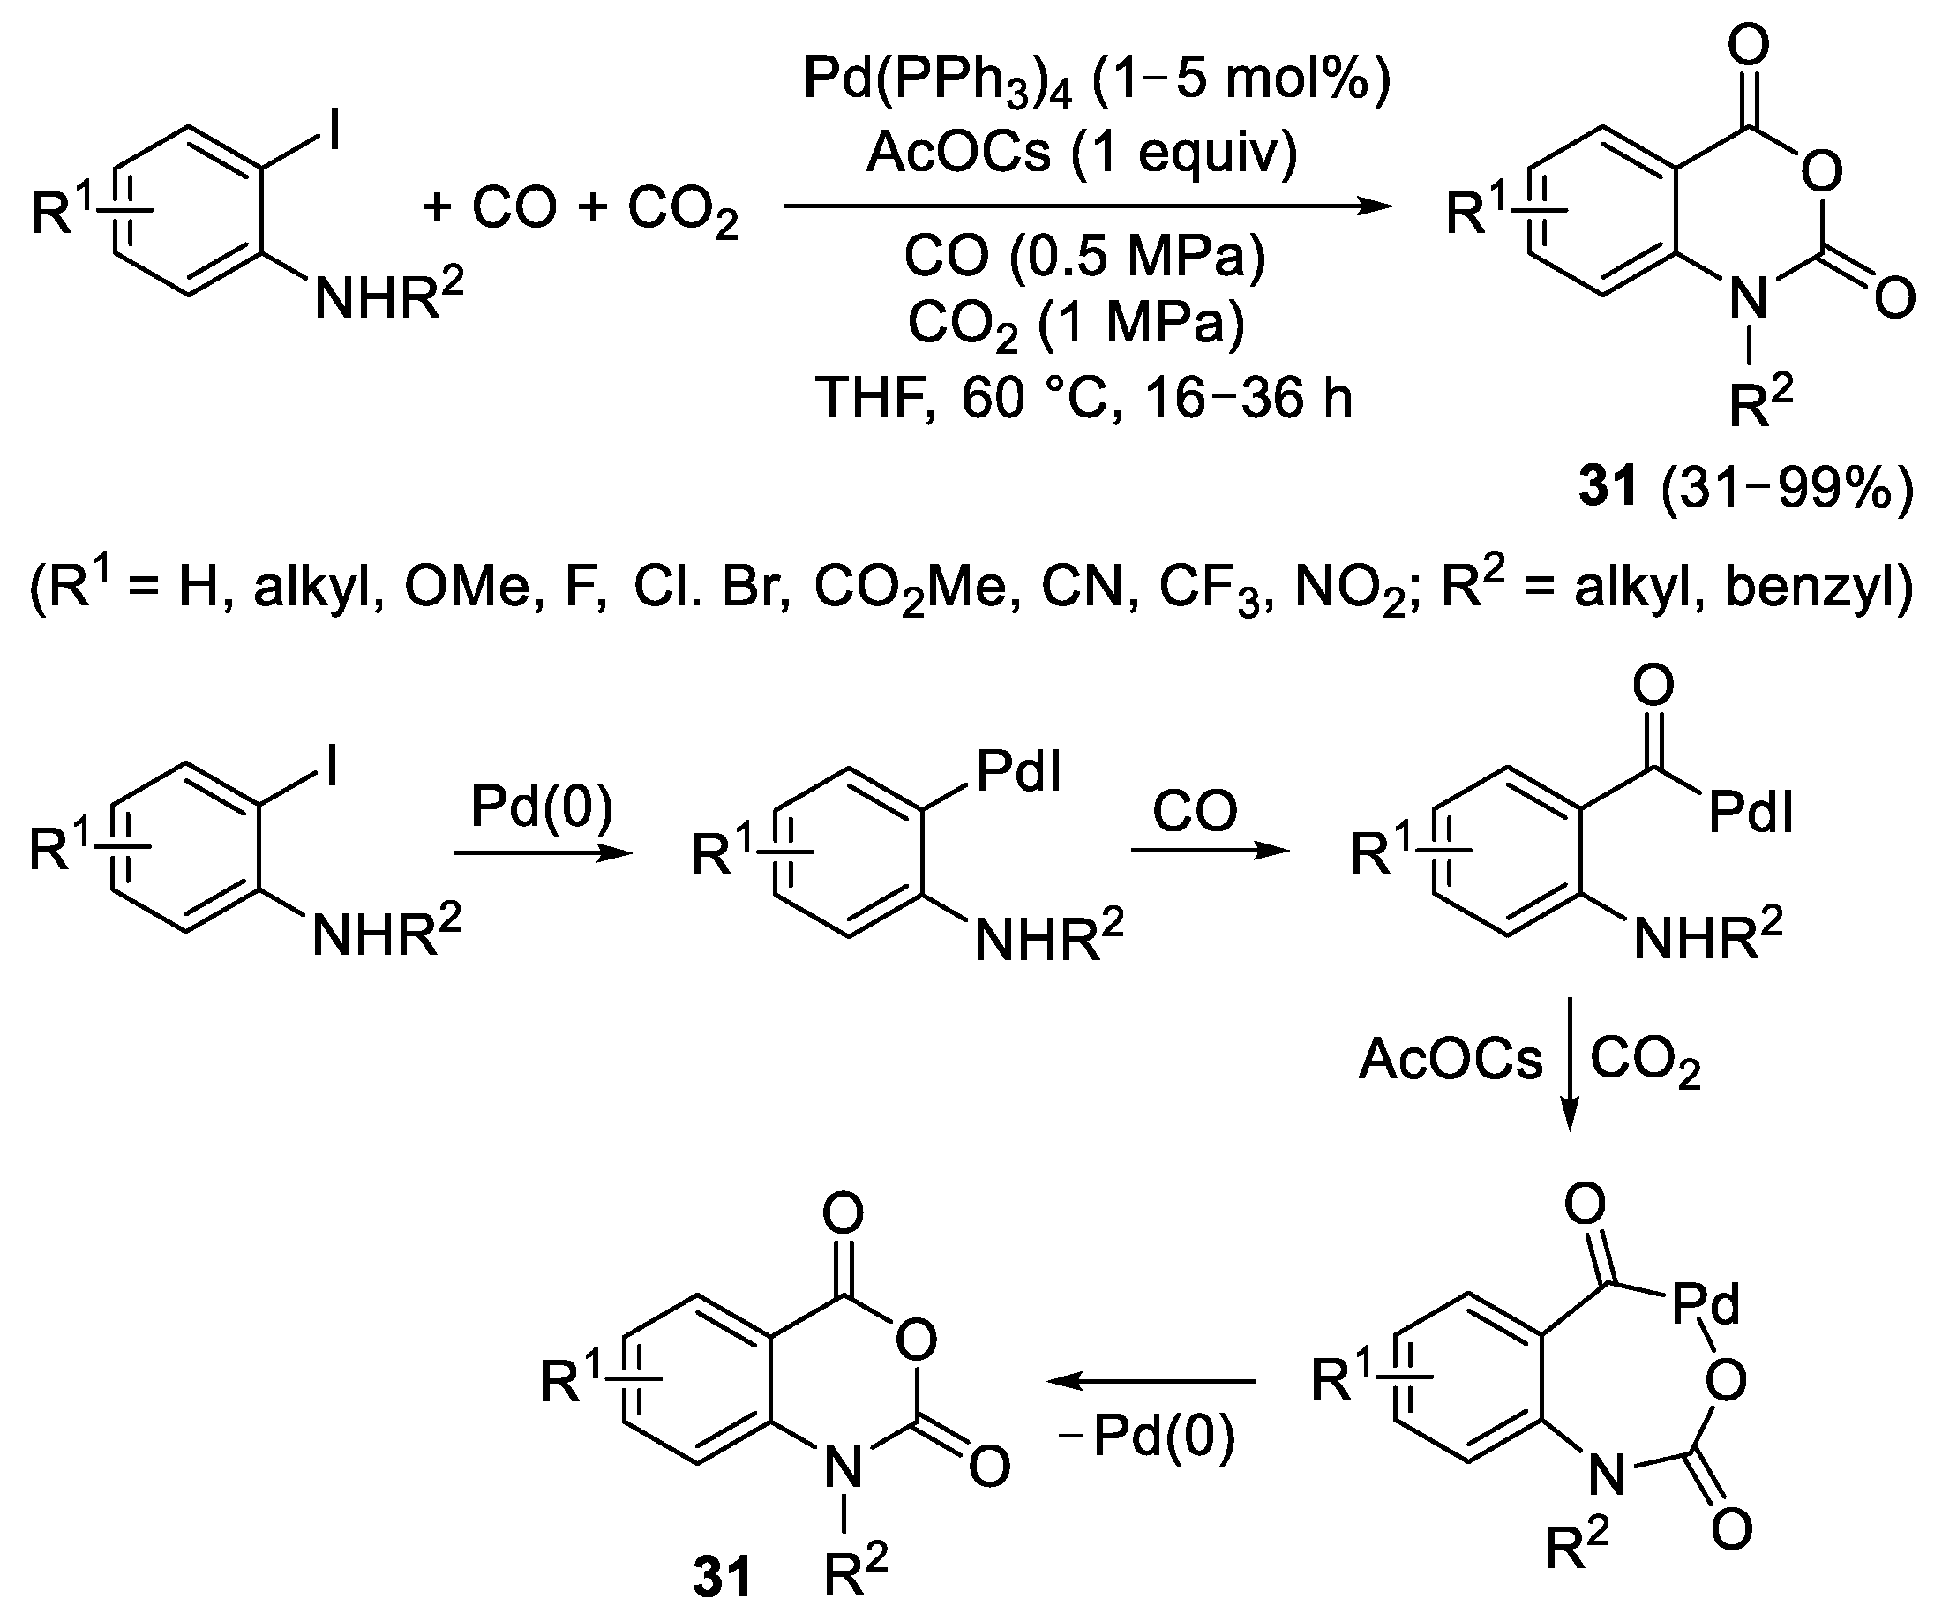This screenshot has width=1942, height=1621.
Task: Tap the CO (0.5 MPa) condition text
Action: point(1083,256)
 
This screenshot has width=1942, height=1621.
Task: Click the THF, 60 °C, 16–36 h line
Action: point(1083,399)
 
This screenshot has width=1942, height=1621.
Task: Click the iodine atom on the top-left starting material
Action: point(334,130)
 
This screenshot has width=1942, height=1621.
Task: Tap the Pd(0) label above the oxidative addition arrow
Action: point(542,807)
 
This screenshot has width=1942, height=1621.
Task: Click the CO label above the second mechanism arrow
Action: point(1194,812)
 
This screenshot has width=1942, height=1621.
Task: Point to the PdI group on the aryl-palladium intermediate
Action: point(1018,772)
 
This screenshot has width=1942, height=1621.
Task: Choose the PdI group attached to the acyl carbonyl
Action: point(1751,814)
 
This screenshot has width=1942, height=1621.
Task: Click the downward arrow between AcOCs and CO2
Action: point(1570,1063)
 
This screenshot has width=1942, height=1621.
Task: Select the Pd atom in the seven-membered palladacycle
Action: point(1706,1305)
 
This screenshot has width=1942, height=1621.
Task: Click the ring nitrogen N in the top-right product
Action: point(1748,297)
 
